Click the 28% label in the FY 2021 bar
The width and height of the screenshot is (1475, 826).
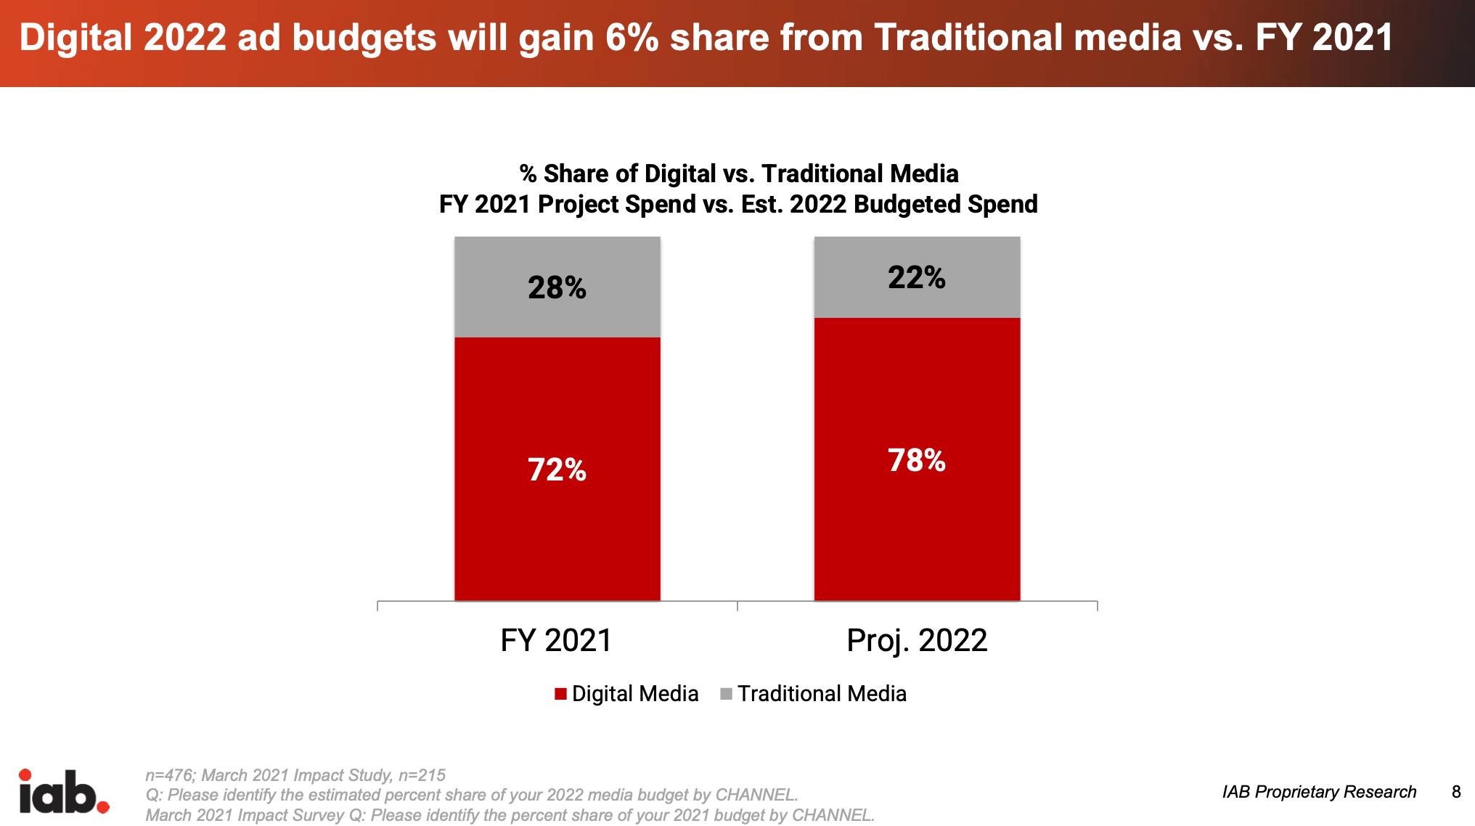click(557, 287)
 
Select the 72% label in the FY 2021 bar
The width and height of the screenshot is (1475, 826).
click(557, 470)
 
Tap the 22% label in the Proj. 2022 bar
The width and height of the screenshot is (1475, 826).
click(917, 277)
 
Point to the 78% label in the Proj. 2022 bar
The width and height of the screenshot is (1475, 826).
click(917, 460)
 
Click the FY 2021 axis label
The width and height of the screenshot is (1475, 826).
click(556, 640)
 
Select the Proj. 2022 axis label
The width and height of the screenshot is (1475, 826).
click(917, 640)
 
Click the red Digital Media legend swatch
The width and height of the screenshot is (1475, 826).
click(560, 694)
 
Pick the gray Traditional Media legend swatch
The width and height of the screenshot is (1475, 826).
click(726, 694)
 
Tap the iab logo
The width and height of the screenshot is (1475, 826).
click(64, 793)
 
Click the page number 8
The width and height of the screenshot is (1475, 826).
click(1456, 792)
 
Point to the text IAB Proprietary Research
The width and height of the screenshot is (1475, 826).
click(1319, 792)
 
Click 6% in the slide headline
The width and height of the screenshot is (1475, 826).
click(632, 38)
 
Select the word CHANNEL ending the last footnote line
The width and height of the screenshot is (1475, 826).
click(832, 815)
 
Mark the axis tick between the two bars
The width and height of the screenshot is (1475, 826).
click(737, 605)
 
